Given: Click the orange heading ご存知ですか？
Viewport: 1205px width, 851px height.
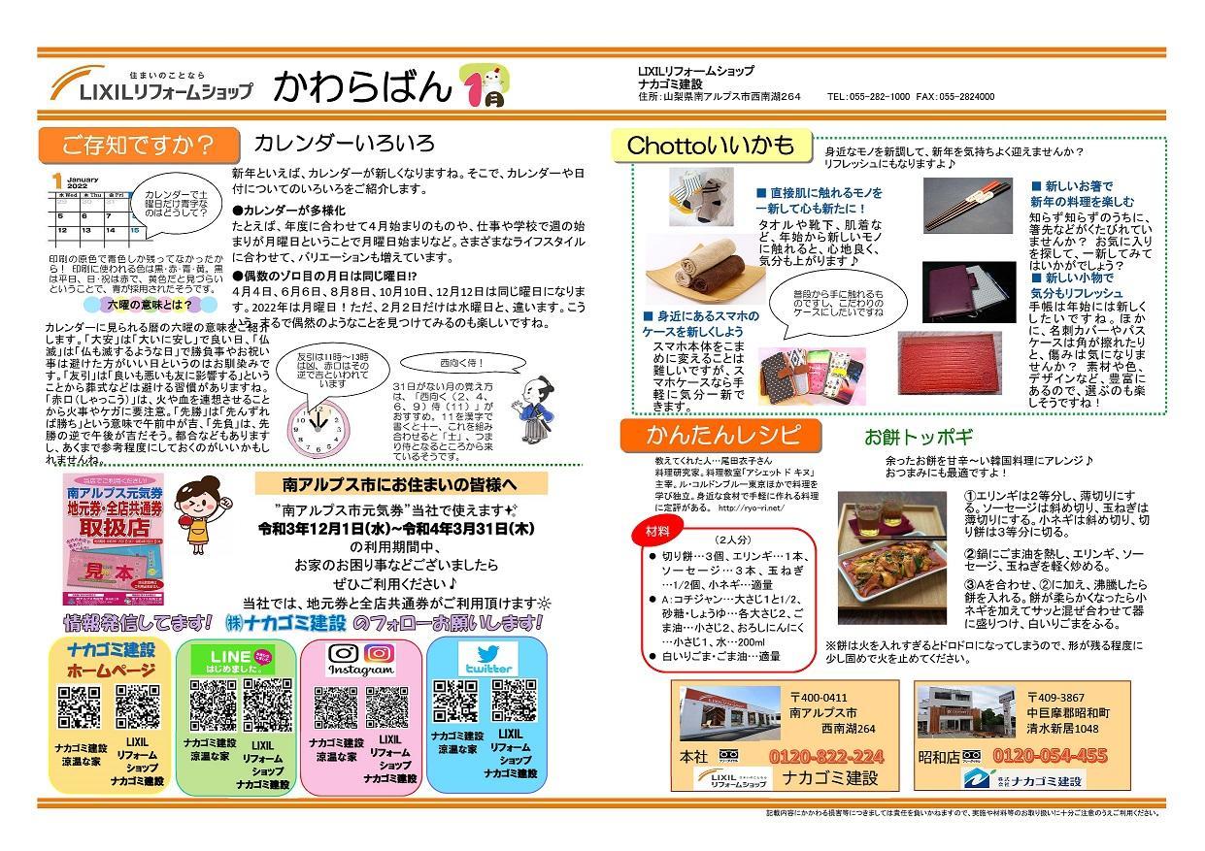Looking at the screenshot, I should click(x=138, y=145).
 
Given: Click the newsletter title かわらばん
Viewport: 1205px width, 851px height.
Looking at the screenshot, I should click(x=361, y=87).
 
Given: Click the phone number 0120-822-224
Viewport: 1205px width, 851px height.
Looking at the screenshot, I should click(x=826, y=756).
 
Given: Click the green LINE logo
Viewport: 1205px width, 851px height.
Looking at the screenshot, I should click(x=237, y=659).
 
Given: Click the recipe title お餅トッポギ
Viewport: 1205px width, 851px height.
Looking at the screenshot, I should click(x=918, y=438).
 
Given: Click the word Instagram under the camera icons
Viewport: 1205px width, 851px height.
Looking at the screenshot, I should click(x=361, y=670).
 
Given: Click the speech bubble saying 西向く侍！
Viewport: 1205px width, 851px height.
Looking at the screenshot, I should click(x=468, y=363).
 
